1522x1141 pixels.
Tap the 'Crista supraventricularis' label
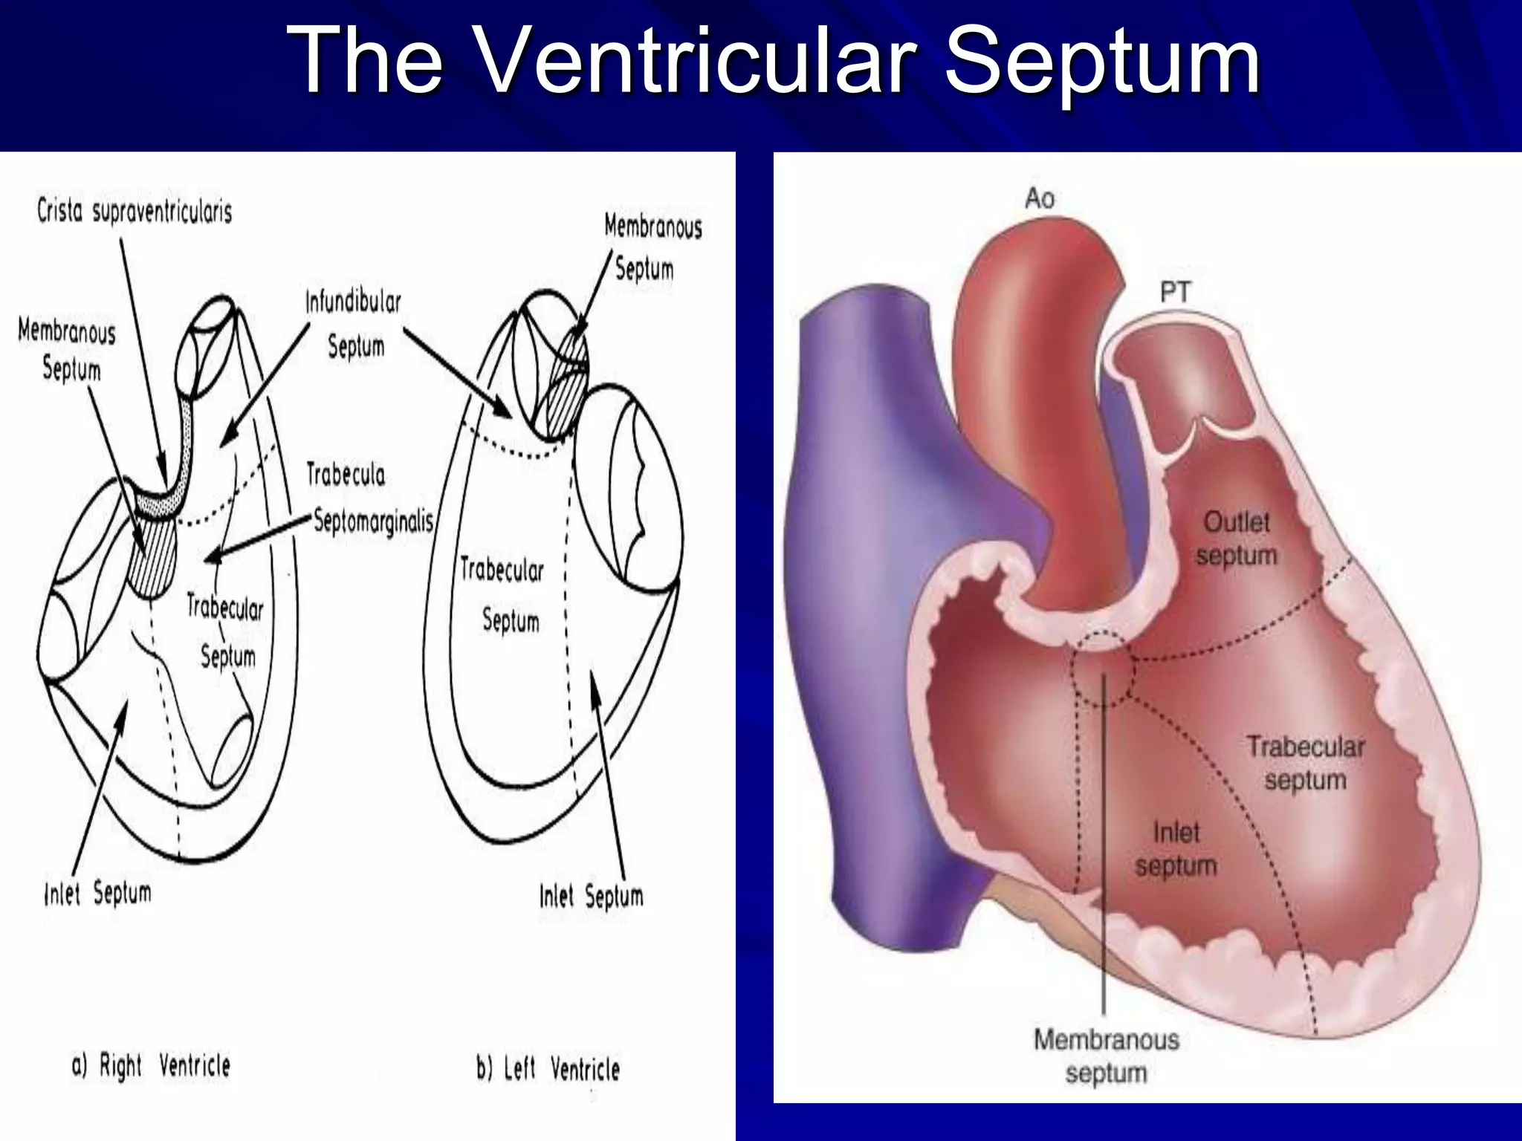click(135, 212)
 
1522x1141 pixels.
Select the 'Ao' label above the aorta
click(1039, 198)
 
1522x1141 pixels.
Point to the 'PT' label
click(1175, 292)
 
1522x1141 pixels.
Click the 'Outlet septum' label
click(1237, 539)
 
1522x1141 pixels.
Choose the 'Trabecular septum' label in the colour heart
click(1305, 763)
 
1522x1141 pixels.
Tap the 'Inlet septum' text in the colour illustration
click(1176, 849)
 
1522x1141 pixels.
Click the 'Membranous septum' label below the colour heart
click(1106, 1056)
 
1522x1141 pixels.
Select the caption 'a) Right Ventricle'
click(151, 1066)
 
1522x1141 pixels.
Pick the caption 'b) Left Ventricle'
click(548, 1069)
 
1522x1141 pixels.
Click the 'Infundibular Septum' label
click(354, 324)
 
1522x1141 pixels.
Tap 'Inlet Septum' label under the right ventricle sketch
click(97, 893)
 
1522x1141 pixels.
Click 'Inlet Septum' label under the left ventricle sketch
click(591, 897)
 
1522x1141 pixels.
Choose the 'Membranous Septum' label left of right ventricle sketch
click(68, 349)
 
